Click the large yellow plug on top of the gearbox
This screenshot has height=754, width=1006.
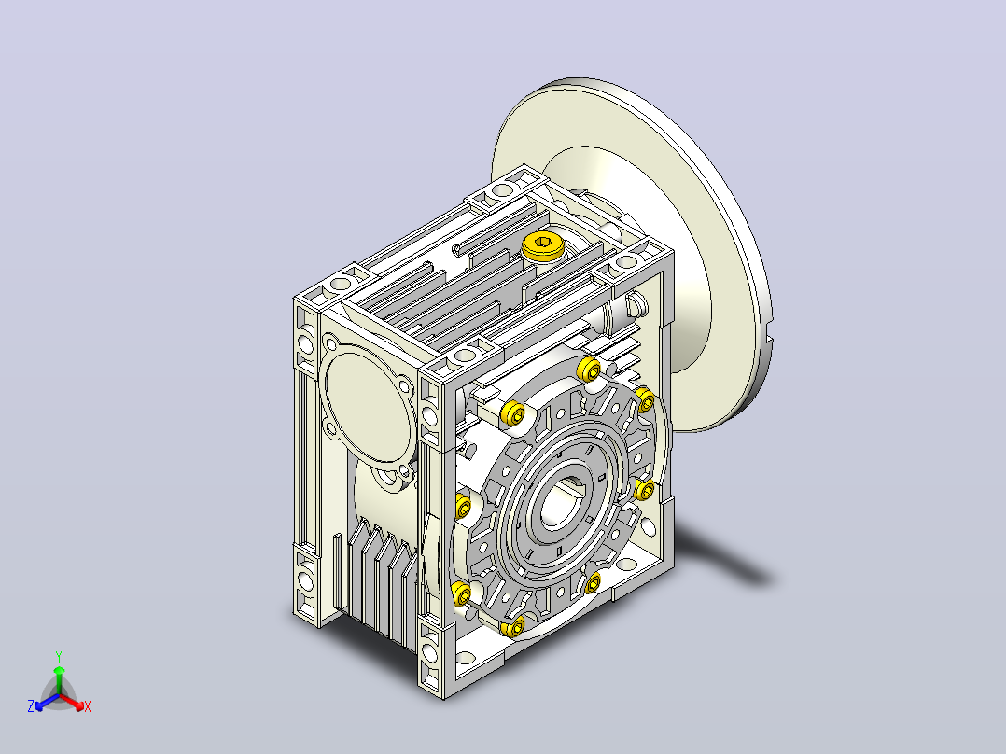pos(542,245)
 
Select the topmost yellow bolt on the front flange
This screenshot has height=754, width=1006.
pos(589,370)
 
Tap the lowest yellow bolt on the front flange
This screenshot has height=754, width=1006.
pos(514,627)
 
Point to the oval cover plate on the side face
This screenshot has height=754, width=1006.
pos(368,401)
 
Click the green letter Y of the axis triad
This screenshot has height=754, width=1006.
pos(59,656)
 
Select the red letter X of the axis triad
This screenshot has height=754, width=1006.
pos(88,706)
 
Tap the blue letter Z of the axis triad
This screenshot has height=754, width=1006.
pos(31,706)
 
